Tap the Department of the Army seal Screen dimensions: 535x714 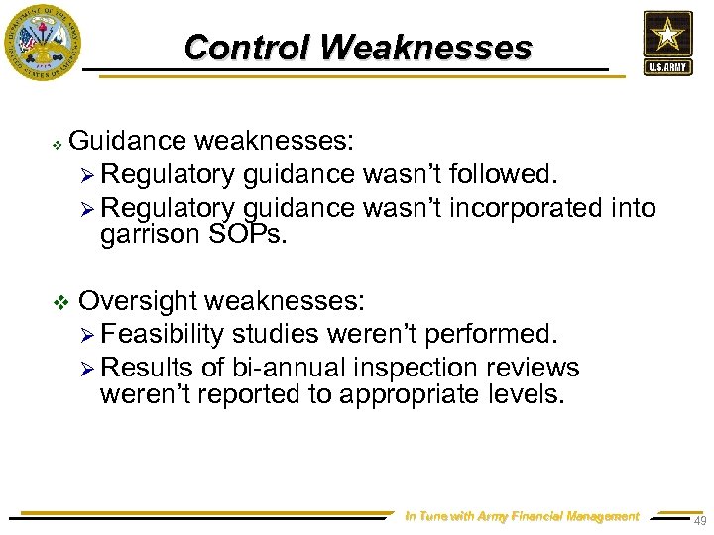tap(42, 42)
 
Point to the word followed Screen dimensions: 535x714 tap(502, 174)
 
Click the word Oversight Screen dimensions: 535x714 tap(139, 300)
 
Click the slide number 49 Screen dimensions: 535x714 tap(699, 522)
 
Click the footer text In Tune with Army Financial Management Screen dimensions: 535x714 tap(523, 516)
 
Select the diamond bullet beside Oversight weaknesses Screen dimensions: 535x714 tap(58, 301)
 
